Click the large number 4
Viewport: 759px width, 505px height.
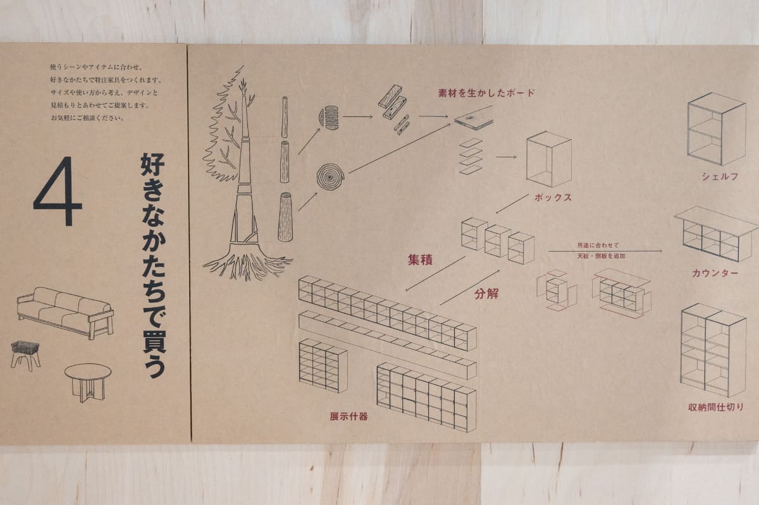tap(58, 192)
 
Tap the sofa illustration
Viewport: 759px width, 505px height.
tap(65, 311)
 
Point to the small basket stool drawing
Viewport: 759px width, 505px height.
tap(25, 354)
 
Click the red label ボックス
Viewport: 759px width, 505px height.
tap(553, 197)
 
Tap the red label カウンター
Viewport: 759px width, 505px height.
tap(715, 273)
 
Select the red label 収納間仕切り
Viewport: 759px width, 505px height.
tap(716, 407)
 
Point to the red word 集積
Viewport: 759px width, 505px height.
tap(419, 259)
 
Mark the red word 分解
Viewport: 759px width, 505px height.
tap(486, 293)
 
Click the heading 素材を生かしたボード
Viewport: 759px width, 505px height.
tap(486, 93)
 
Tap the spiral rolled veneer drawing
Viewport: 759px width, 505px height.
tap(331, 176)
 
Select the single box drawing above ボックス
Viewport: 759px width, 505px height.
tap(548, 159)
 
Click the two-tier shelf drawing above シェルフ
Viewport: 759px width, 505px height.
tap(716, 129)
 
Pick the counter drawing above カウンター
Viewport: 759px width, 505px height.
tap(715, 233)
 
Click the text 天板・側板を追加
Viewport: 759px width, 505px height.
tap(600, 256)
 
